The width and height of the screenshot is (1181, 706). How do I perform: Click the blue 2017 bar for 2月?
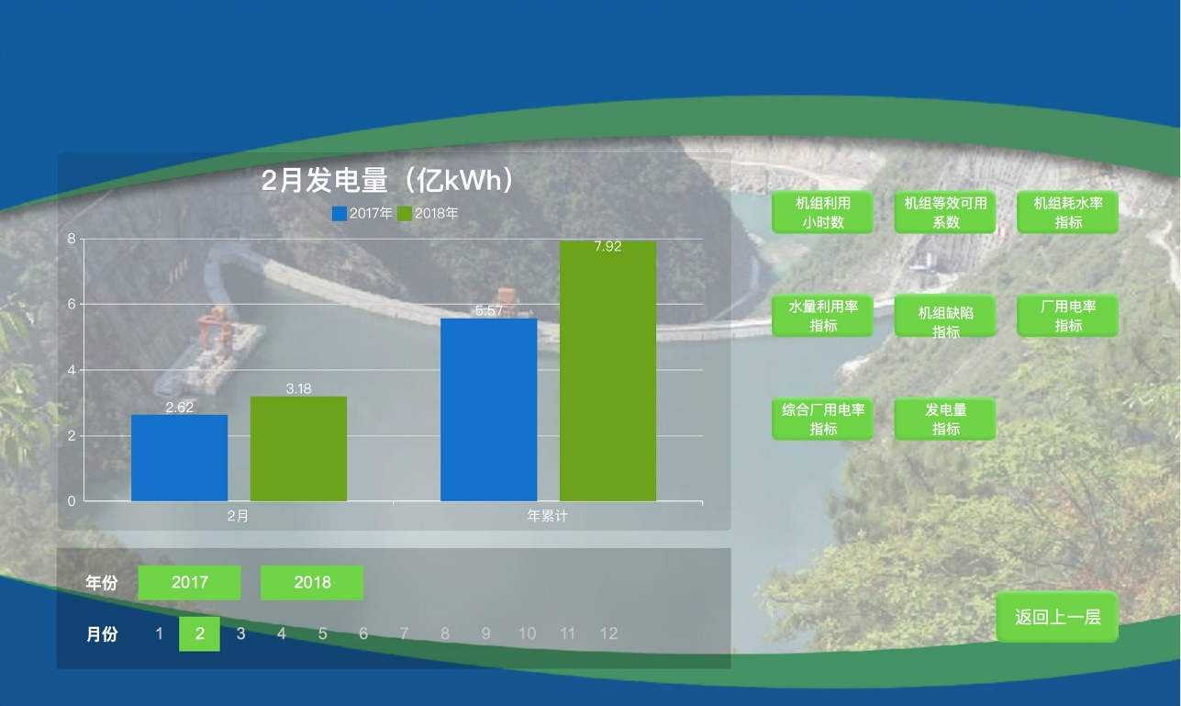[179, 457]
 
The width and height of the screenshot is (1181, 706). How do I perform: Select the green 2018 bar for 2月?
[298, 449]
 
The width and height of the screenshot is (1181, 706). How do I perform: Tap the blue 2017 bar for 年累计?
[489, 409]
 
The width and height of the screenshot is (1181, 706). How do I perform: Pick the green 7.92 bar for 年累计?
[607, 371]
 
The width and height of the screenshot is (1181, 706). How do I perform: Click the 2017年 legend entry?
[362, 213]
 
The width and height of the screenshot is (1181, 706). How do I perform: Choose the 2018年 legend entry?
[428, 213]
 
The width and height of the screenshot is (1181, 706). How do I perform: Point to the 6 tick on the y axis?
[72, 304]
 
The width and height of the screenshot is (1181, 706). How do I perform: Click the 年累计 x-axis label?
[548, 516]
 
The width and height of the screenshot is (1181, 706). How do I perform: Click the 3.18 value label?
[298, 389]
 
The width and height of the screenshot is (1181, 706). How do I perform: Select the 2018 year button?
[312, 583]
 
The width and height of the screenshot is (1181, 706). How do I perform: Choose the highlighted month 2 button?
[199, 633]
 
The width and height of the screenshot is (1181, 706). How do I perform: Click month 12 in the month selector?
[608, 633]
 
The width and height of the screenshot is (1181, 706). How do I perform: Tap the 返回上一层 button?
[1057, 617]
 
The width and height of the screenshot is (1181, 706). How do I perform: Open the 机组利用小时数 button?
[822, 212]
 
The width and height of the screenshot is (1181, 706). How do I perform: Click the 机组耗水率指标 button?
[1067, 212]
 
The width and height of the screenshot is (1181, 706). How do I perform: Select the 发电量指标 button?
[945, 419]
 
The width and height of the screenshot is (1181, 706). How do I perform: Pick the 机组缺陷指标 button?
[945, 316]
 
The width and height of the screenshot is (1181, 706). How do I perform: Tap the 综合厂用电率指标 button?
[822, 419]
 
